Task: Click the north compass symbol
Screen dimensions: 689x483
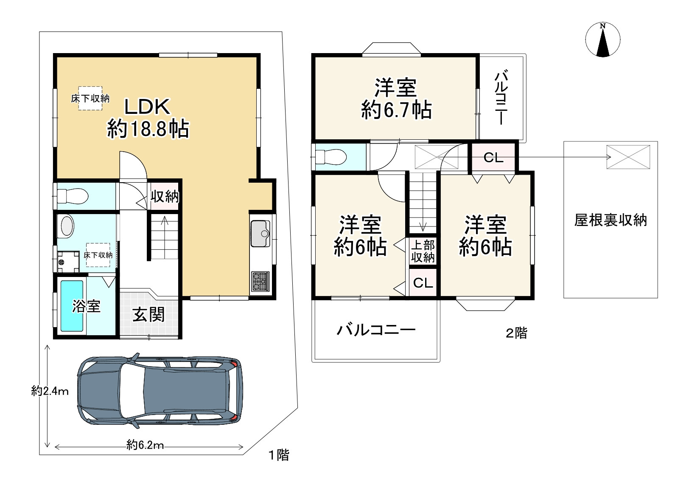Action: [x=602, y=40]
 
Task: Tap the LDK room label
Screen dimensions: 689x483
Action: [x=147, y=107]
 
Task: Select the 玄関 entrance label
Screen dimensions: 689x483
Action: [x=148, y=314]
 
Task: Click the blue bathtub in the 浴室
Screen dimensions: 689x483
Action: [x=72, y=306]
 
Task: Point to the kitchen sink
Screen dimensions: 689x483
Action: [x=260, y=234]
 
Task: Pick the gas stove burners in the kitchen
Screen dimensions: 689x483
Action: [x=260, y=281]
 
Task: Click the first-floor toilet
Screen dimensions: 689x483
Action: [x=72, y=196]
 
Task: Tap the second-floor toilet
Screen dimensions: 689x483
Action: [x=331, y=157]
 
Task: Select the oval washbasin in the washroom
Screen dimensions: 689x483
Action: [x=67, y=226]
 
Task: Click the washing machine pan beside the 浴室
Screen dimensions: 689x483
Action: [x=68, y=262]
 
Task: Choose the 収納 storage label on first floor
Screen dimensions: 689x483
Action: [x=165, y=196]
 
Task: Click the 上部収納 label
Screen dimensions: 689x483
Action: [x=423, y=251]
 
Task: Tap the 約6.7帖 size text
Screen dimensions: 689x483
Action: [x=397, y=110]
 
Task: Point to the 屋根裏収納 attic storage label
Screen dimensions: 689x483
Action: [x=611, y=220]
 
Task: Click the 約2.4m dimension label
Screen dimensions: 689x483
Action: [x=50, y=391]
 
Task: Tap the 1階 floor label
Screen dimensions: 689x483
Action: [x=279, y=455]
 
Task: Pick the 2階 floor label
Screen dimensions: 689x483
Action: [x=516, y=333]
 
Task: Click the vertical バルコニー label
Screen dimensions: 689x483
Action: [x=501, y=97]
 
